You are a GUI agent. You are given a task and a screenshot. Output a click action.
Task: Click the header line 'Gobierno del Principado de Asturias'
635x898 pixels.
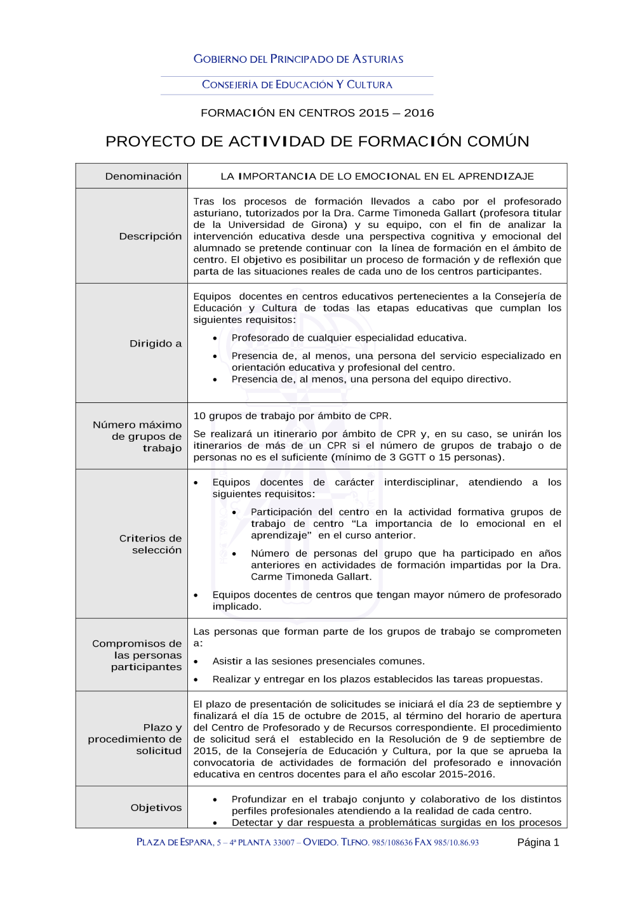pyautogui.click(x=298, y=59)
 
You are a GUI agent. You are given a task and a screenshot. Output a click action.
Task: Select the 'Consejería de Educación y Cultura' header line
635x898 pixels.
pyautogui.click(x=297, y=84)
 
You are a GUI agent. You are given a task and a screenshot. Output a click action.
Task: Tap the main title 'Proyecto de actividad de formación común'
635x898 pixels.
pyautogui.click(x=317, y=141)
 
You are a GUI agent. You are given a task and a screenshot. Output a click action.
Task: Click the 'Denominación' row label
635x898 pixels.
pyautogui.click(x=143, y=176)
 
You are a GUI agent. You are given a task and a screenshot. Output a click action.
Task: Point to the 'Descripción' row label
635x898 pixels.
pyautogui.click(x=150, y=236)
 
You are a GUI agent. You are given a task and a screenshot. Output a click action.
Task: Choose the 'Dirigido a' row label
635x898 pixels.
pyautogui.click(x=156, y=343)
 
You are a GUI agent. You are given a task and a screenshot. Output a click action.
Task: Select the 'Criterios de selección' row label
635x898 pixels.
pyautogui.click(x=150, y=544)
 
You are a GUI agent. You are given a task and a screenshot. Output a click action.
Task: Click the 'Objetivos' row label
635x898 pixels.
pyautogui.click(x=156, y=807)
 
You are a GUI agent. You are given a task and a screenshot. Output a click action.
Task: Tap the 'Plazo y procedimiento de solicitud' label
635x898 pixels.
pyautogui.click(x=135, y=739)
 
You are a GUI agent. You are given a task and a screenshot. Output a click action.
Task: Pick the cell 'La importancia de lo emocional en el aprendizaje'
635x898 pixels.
pyautogui.click(x=377, y=176)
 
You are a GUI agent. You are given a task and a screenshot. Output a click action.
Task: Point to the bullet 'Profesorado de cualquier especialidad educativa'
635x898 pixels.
pyautogui.click(x=349, y=338)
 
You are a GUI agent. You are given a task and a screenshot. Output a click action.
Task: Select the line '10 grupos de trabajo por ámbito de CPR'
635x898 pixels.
pyautogui.click(x=292, y=416)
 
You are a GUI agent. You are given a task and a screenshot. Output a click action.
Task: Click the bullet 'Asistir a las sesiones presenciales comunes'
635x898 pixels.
pyautogui.click(x=318, y=661)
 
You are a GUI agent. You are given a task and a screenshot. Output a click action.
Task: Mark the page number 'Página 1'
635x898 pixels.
pyautogui.click(x=538, y=842)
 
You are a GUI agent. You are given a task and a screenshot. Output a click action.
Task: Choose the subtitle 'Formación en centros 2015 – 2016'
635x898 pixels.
pyautogui.click(x=317, y=113)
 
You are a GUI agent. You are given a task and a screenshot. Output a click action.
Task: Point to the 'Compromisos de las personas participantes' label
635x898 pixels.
pyautogui.click(x=137, y=655)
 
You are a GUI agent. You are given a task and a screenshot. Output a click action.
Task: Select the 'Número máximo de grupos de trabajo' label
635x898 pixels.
pyautogui.click(x=137, y=436)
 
